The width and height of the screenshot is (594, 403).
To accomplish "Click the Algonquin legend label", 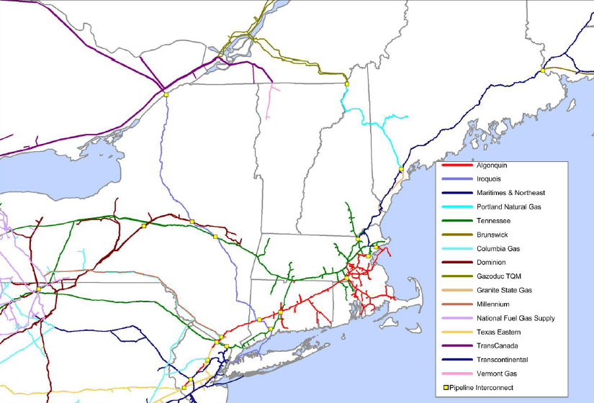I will [x=492, y=165].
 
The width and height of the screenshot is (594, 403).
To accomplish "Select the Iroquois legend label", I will [x=490, y=178].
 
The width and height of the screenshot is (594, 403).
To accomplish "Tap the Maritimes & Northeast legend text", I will [x=510, y=192].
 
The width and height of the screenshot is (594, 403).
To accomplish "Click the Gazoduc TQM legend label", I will [x=498, y=276].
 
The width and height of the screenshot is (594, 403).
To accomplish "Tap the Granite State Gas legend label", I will [x=504, y=290].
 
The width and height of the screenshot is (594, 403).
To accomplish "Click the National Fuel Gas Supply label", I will [x=516, y=318].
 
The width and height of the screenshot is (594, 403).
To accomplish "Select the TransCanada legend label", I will [x=497, y=346].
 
